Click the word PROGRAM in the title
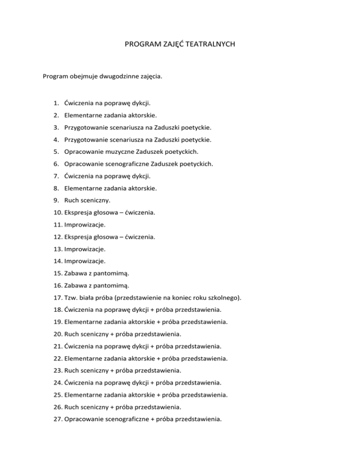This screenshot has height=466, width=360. [141, 45]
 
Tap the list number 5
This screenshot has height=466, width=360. [55, 151]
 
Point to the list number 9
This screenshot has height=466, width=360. [55, 200]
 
